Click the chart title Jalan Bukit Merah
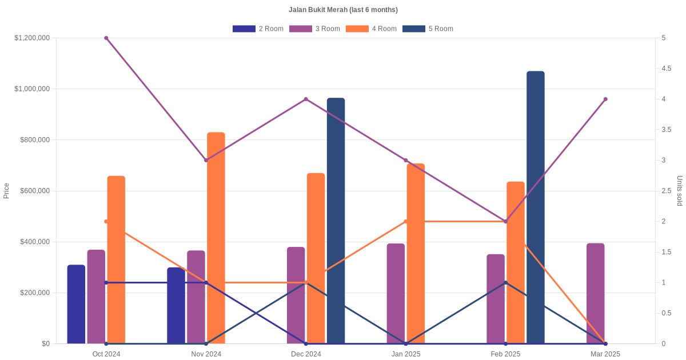coord(343,10)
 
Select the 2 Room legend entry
coord(258,29)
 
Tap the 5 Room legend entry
coord(428,29)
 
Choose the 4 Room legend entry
coord(371,29)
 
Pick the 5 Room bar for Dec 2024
coord(336,221)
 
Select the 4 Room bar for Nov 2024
coord(216,238)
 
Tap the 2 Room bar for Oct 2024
coord(76,304)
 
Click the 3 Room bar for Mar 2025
coord(596,293)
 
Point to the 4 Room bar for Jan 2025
coord(416,253)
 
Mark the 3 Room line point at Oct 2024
coord(106,38)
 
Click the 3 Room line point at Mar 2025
coord(605,99)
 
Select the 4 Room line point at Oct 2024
coord(106,221)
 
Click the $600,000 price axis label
coord(35,191)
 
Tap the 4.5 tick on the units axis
coord(667,69)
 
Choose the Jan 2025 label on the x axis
coord(406,354)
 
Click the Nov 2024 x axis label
coord(206,354)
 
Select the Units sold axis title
coord(680,191)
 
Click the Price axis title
coord(6,191)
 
